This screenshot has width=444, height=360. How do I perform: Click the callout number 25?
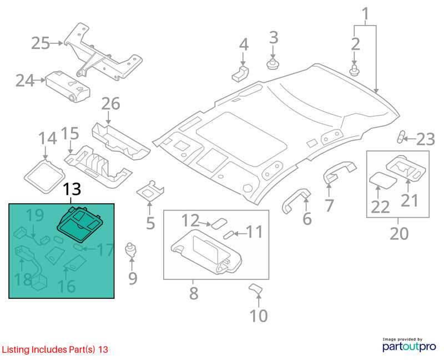coord(40,43)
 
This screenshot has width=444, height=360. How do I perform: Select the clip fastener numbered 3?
coord(273,64)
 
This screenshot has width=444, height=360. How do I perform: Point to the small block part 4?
coord(240,73)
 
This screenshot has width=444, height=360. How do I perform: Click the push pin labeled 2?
coord(354,70)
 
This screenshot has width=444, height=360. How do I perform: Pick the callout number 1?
coord(366,14)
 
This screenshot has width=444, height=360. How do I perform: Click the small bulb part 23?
coord(400,137)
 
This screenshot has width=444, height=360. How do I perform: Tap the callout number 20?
coord(399,233)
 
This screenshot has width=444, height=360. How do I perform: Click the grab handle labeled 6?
coord(296,200)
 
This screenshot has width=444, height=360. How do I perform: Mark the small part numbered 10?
coord(255,289)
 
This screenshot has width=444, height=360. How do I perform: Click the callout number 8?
coord(194,293)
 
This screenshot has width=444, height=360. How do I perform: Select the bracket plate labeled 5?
coord(150,191)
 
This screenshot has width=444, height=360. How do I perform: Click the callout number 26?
coord(110,103)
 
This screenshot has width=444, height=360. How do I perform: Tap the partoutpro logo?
coord(409,344)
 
